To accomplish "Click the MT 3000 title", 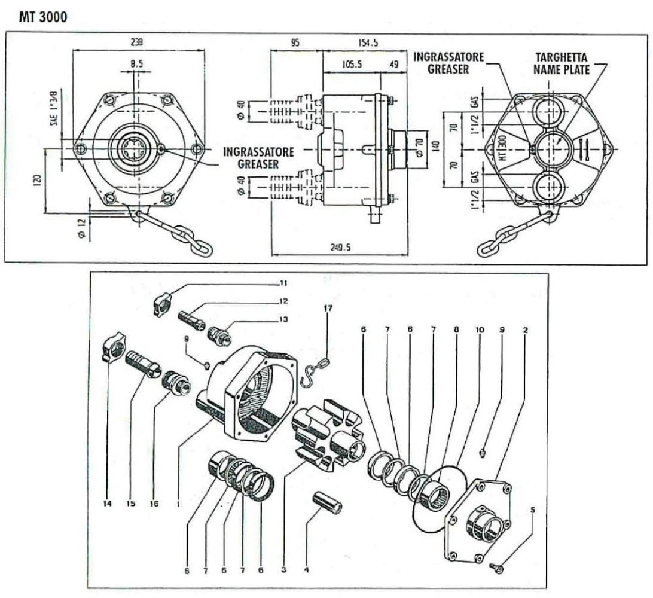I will [x=42, y=16].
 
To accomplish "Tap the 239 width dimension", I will [x=137, y=43].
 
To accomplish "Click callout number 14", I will [x=108, y=504].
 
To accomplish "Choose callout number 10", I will [x=479, y=329].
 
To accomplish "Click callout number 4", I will [x=307, y=570].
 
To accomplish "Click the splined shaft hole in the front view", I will [x=137, y=147].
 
